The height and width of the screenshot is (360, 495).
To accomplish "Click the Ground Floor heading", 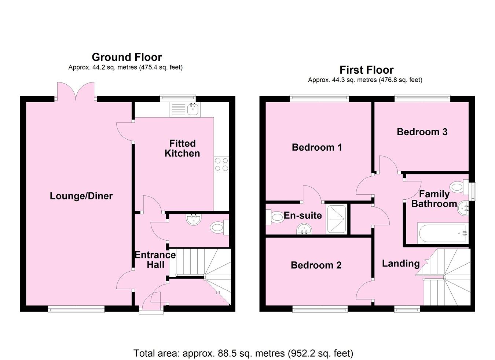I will pos(126,57).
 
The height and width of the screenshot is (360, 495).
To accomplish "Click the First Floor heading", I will pos(366,70).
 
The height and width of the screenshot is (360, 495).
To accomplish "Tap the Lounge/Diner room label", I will pos(81,196).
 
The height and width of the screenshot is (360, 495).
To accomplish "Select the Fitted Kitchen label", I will pos(182,148).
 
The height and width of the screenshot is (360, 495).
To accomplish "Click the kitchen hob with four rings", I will pos(221,164).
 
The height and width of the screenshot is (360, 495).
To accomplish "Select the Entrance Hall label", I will pos(155,260).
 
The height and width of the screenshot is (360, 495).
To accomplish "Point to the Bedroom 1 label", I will pos(317,147).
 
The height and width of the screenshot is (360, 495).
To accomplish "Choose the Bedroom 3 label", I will pos(422,132).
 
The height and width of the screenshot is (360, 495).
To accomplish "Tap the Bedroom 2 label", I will pos(316,265).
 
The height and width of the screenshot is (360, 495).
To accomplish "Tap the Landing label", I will pos(401,263).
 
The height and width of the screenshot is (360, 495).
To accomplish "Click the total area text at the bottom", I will pos(243,353).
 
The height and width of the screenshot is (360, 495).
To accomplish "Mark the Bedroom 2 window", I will pos(320,310).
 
